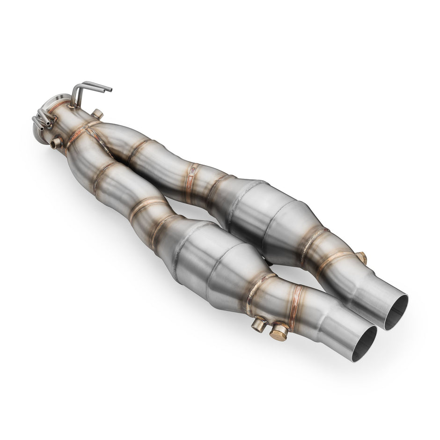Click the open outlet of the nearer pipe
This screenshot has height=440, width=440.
pyautogui.click(x=364, y=344)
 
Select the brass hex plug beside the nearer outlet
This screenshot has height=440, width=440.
pyautogui.click(x=279, y=331)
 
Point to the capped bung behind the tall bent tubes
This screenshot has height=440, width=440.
pyautogui.click(x=97, y=114)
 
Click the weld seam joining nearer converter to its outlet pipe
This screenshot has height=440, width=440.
pyautogui.click(x=255, y=290)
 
